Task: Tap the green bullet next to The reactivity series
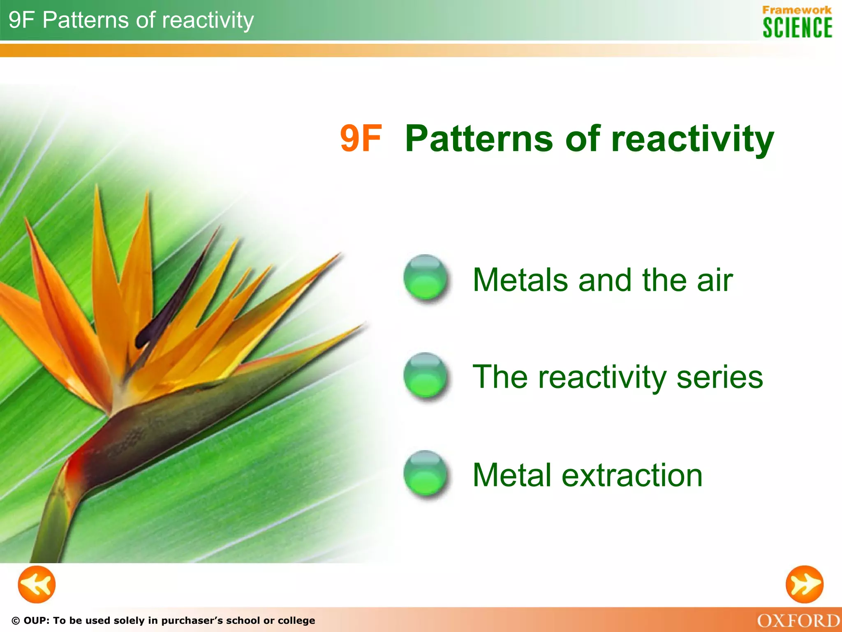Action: point(425,376)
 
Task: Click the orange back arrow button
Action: point(37,584)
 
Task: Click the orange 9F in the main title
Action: point(361,139)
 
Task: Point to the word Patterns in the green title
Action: point(479,139)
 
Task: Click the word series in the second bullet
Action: point(719,377)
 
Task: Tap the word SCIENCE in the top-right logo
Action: point(797,28)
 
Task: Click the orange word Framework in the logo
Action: point(797,10)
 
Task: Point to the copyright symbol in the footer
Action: point(16,621)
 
